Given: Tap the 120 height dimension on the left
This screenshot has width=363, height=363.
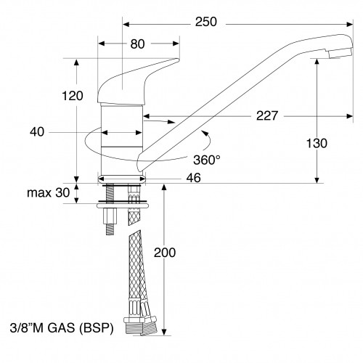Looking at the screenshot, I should (73, 96).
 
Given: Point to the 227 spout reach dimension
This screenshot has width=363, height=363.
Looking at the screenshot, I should (268, 115).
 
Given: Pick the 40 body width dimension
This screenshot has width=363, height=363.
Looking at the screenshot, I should (38, 132).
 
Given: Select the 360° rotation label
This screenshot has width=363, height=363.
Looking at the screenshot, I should (207, 159).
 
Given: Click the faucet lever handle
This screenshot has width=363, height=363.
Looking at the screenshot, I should (134, 80).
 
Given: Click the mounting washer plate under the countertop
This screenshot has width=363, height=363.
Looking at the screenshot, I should (121, 205).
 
